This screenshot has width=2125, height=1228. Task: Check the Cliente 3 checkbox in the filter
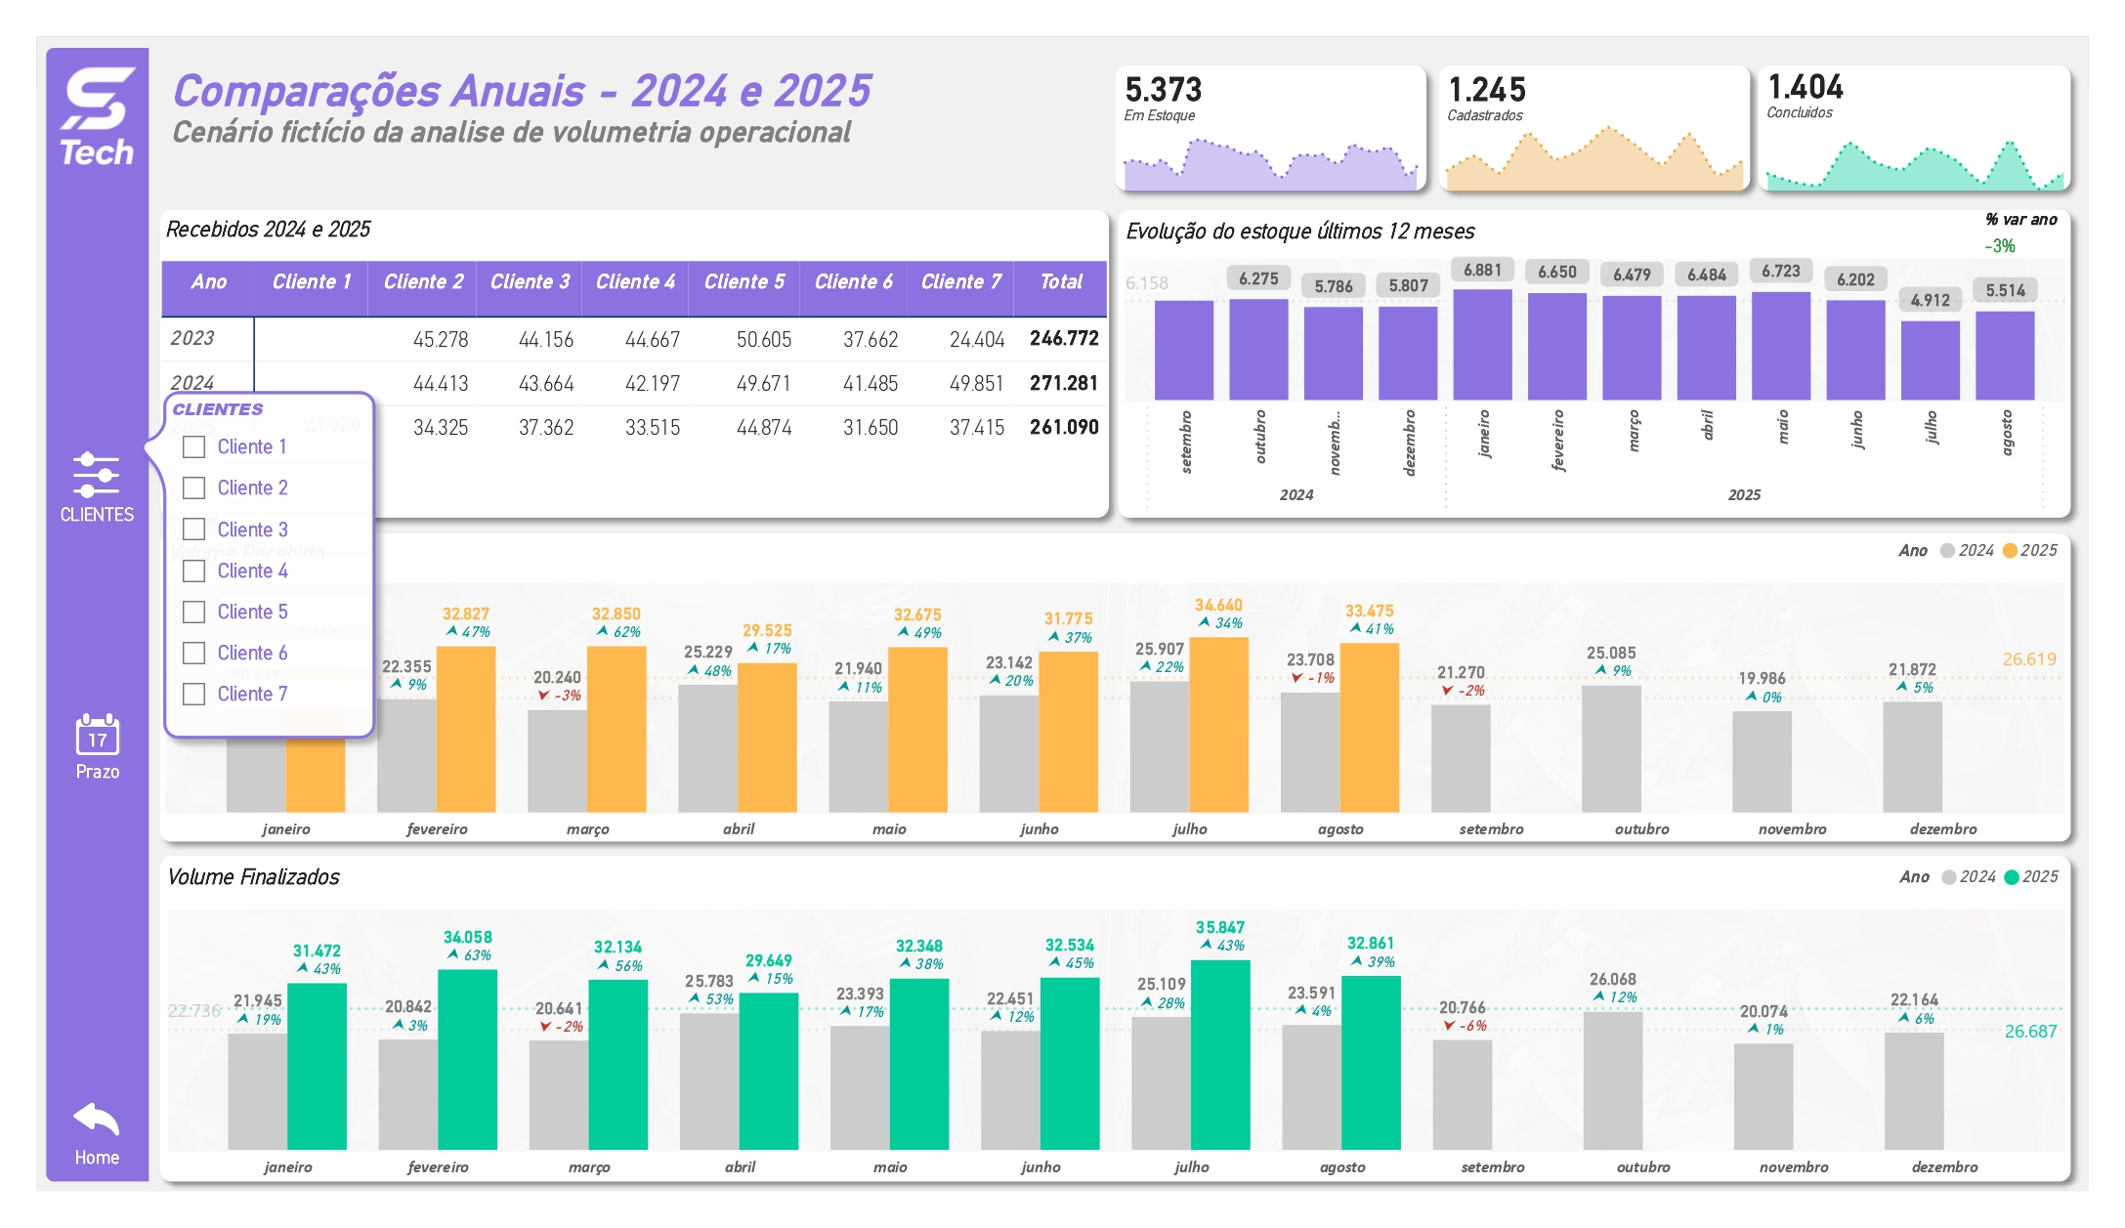tap(194, 529)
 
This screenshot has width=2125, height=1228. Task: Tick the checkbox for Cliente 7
tap(194, 694)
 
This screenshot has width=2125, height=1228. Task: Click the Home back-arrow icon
tap(97, 1120)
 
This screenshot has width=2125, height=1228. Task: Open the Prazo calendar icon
tap(98, 735)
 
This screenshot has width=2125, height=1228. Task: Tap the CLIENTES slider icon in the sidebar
tap(97, 475)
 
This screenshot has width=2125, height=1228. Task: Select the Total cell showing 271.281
tap(1063, 383)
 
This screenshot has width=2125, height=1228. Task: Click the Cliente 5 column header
tap(744, 282)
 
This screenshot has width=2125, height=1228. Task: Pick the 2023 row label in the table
tap(192, 338)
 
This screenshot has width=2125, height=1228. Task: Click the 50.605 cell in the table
tap(763, 339)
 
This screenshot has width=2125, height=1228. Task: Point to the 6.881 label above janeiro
tap(1482, 270)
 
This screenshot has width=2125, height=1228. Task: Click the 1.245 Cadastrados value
tap(1486, 90)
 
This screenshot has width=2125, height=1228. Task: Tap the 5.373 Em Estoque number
tap(1163, 90)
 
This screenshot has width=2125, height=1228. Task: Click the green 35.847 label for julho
tap(1219, 927)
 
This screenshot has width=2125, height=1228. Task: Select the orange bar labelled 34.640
tap(1218, 723)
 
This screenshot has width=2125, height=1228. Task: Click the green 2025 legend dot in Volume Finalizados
tap(2011, 877)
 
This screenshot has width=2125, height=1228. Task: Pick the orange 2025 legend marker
tap(2010, 551)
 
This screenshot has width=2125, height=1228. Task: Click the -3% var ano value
tap(1999, 246)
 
